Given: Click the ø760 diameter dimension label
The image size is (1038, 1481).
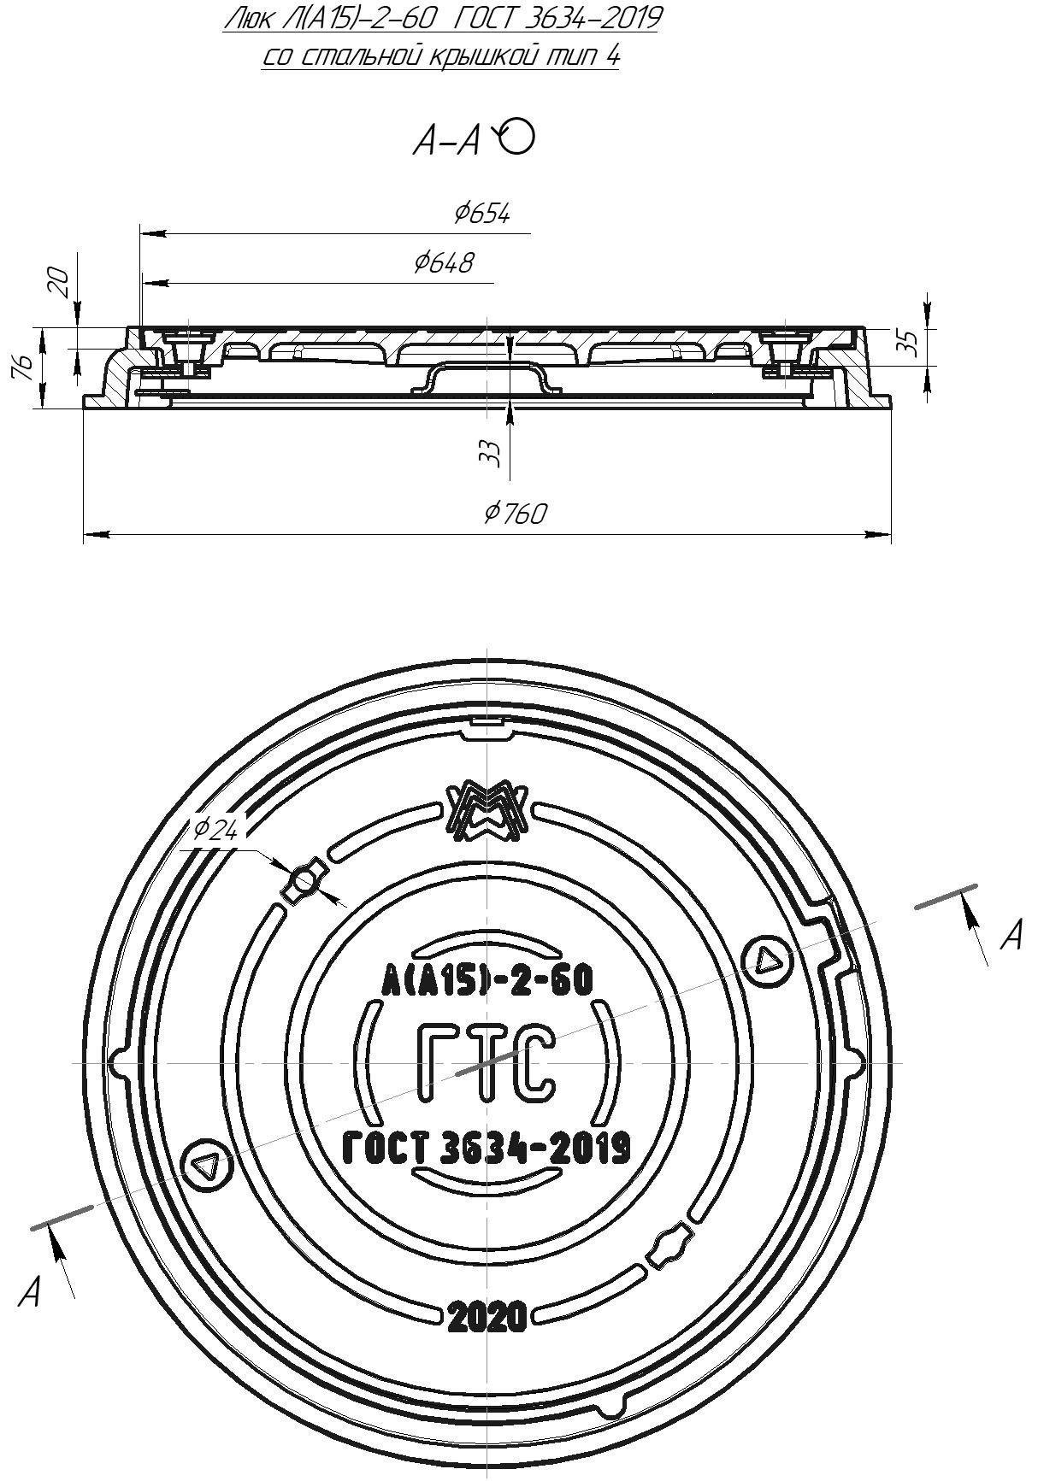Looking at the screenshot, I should [x=515, y=513].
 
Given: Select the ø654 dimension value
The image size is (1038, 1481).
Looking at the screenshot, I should [x=482, y=213].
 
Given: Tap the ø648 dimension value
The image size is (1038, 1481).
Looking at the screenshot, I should [x=443, y=262].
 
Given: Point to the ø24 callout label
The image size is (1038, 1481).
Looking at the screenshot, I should [x=215, y=829].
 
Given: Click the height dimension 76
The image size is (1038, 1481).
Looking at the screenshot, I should [x=26, y=367].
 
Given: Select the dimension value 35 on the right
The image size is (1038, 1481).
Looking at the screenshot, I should [x=911, y=343].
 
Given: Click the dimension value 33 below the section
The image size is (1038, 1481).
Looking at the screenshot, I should [x=488, y=453].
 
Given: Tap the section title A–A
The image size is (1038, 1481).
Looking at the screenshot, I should [x=446, y=142].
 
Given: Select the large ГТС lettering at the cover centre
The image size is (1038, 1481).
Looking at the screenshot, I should [x=486, y=1064].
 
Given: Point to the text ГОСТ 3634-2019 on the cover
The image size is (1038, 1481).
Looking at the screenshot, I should [x=486, y=1148].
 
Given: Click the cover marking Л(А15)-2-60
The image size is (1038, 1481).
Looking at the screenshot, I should [x=486, y=980].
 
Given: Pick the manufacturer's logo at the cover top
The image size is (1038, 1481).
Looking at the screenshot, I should [x=486, y=809].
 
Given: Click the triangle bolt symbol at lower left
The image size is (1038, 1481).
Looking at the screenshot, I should [x=206, y=1166].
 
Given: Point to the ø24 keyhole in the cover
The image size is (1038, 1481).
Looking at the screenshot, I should [x=305, y=881].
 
